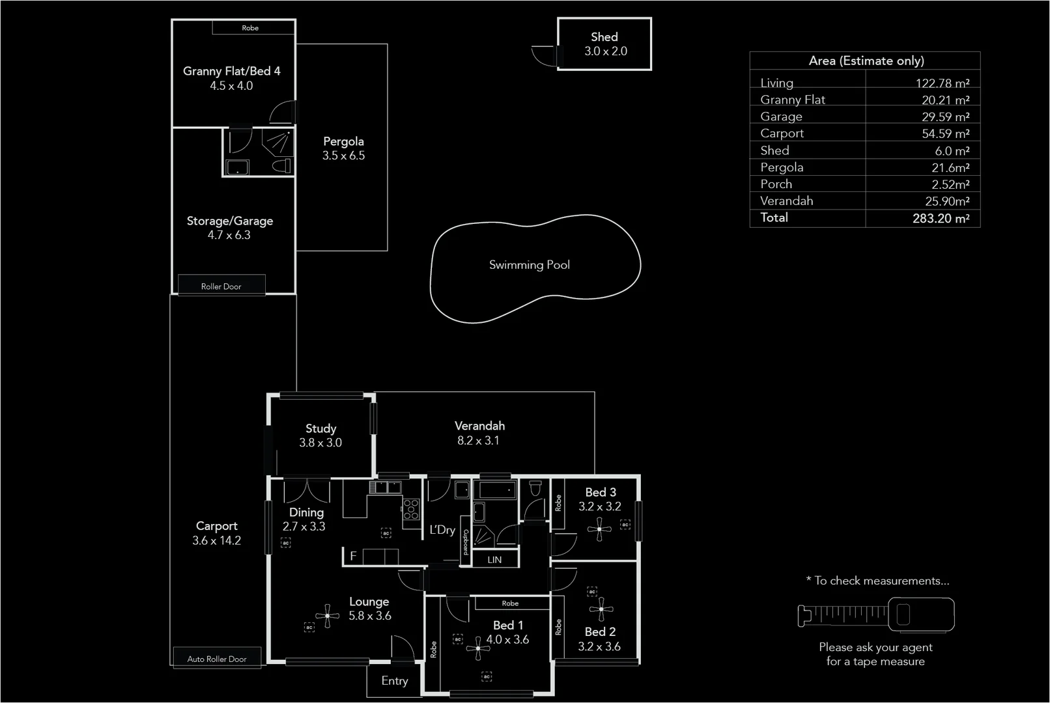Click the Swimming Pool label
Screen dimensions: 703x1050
click(529, 265)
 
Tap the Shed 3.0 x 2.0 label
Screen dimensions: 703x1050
click(605, 44)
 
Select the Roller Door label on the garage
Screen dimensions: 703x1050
click(221, 286)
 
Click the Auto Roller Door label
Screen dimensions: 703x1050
click(217, 659)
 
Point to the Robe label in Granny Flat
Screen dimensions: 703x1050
click(250, 28)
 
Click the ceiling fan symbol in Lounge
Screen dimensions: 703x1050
click(327, 615)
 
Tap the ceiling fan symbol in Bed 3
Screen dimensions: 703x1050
click(599, 529)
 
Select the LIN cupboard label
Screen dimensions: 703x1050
click(494, 560)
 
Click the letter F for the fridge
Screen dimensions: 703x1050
click(353, 556)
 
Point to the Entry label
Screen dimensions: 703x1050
click(395, 681)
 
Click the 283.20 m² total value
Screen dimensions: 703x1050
click(941, 219)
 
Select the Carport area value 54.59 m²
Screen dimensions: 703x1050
click(945, 134)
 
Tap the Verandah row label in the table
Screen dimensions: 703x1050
click(787, 201)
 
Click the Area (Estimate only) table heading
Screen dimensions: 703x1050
click(866, 61)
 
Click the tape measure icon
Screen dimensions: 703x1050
click(876, 614)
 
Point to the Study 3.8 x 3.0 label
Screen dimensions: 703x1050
click(320, 435)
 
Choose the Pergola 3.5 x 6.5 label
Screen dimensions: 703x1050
click(343, 148)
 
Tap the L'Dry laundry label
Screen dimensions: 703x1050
click(442, 530)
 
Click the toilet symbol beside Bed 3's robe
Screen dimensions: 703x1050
click(535, 488)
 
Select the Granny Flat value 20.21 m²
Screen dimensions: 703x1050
click(945, 100)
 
